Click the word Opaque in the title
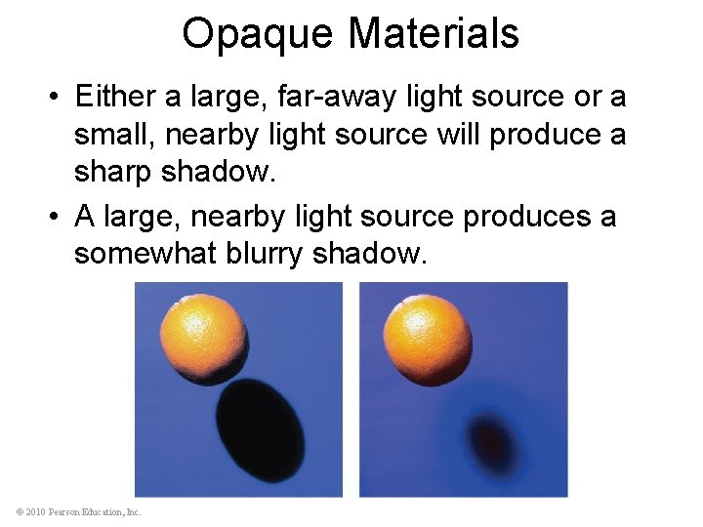tap(258, 35)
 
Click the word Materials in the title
tap(434, 33)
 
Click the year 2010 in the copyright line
tap(37, 511)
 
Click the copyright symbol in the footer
tap(20, 511)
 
